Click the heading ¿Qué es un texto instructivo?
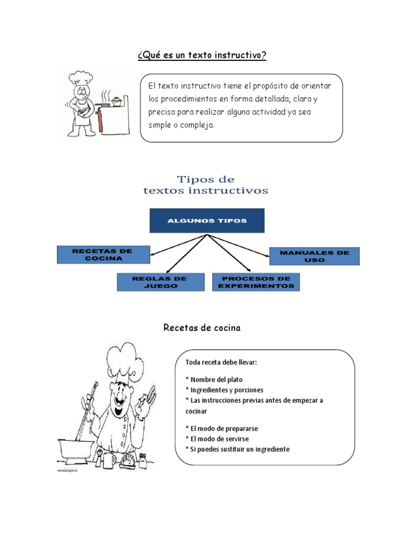click(202, 56)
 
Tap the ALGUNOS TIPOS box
click(207, 221)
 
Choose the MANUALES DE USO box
click(314, 256)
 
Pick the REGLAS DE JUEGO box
click(160, 282)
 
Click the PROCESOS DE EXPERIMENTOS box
click(256, 282)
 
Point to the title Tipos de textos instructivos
click(206, 185)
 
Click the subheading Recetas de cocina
click(201, 328)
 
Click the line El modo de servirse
click(217, 439)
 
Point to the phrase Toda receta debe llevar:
click(221, 362)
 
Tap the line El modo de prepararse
click(221, 428)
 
